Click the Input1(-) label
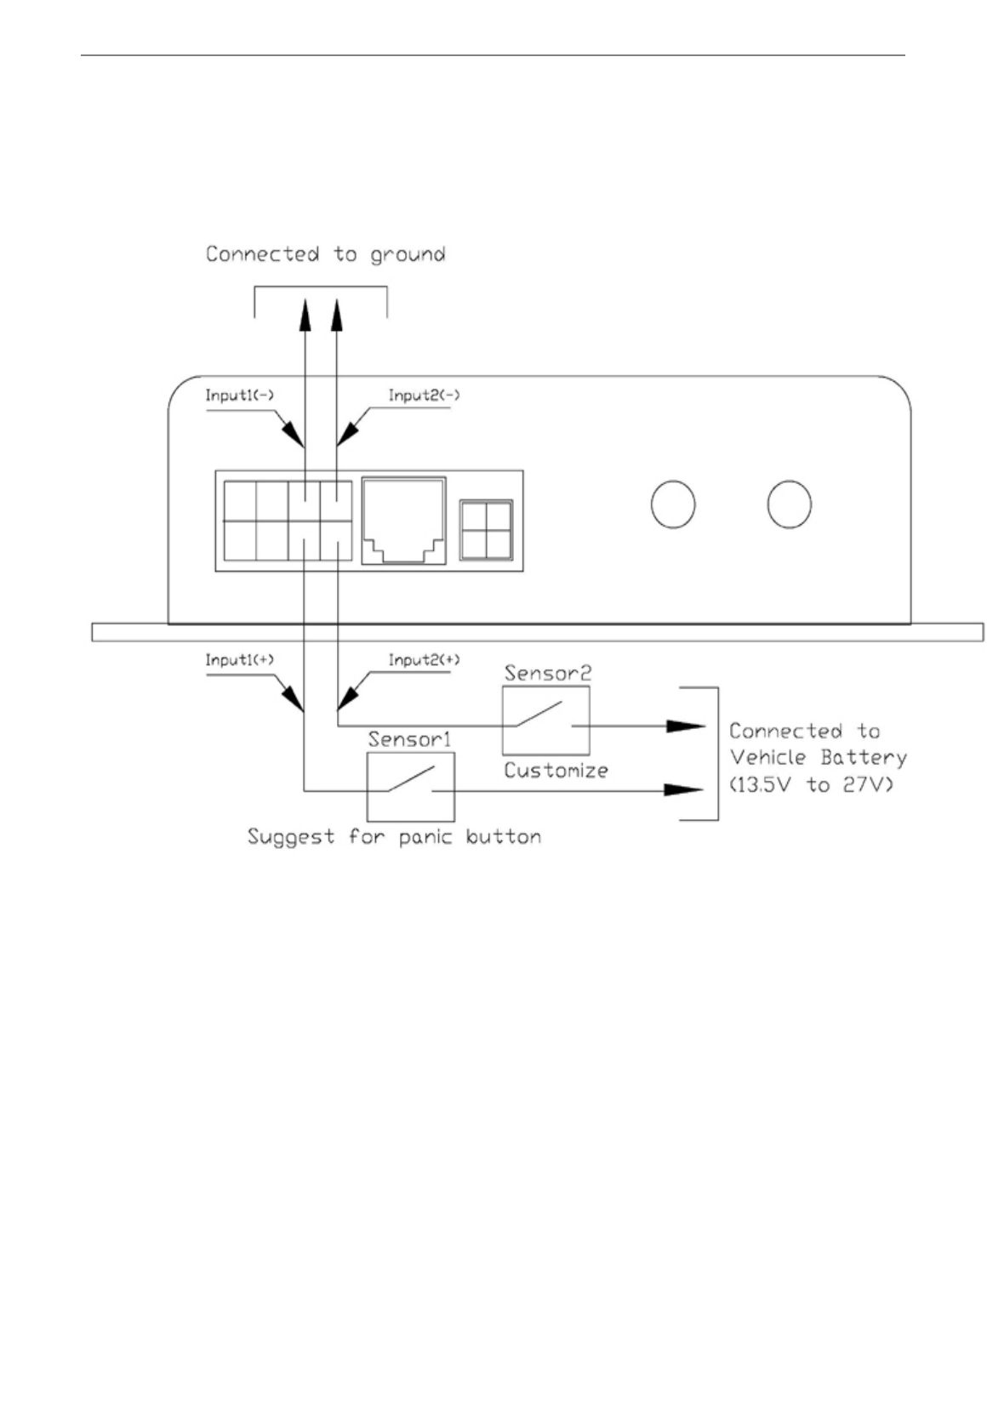[x=239, y=396]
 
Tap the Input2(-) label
[x=424, y=396]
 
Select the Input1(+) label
[x=239, y=660]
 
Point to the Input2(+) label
[x=424, y=660]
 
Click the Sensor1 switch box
[x=410, y=786]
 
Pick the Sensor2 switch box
[x=545, y=721]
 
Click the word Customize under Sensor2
[x=556, y=771]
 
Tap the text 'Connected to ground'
[x=325, y=254]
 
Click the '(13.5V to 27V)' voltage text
[x=811, y=784]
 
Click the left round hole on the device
[x=672, y=504]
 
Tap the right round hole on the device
[x=789, y=504]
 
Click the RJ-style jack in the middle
[x=403, y=520]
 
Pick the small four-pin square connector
[x=486, y=529]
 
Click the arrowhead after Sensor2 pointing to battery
[x=685, y=726]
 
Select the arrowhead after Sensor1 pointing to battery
[x=682, y=789]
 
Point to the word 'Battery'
[x=863, y=758]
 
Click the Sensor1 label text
[x=409, y=740]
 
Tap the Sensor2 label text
[x=547, y=674]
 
